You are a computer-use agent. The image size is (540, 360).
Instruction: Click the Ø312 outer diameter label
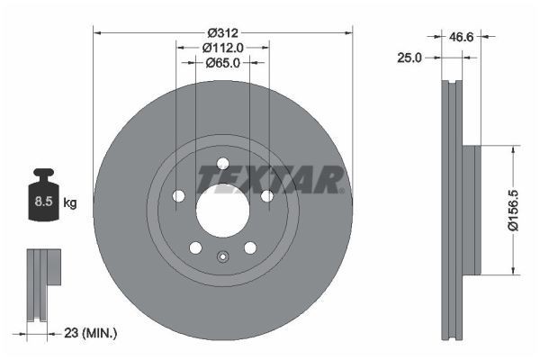click(221, 31)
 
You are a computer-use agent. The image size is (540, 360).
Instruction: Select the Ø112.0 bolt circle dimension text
click(221, 47)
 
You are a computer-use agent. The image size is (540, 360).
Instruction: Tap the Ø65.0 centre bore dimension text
click(221, 63)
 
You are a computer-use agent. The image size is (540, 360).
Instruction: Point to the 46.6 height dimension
click(462, 37)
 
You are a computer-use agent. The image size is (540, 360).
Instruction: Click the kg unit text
click(70, 203)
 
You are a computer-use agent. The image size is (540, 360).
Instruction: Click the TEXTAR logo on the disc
click(271, 180)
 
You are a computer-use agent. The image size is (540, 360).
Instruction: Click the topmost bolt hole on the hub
click(222, 163)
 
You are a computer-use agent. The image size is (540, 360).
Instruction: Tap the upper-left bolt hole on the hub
click(178, 196)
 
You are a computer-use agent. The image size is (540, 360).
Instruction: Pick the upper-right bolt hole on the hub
click(266, 196)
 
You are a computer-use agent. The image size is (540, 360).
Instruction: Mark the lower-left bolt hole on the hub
click(194, 247)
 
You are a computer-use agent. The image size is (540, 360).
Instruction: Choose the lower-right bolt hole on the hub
click(250, 247)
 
